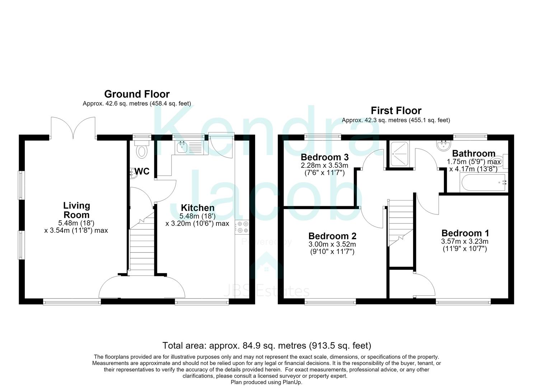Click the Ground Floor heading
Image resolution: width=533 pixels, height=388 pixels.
click(137, 94)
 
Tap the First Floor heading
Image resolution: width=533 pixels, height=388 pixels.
click(396, 111)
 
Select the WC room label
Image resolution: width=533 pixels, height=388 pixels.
click(142, 171)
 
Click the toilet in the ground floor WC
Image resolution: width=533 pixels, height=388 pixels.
click(142, 149)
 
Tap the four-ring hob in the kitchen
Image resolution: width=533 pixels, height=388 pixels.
click(242, 227)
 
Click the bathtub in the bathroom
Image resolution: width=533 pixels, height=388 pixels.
click(484, 183)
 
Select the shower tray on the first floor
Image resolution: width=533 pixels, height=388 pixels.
click(400, 154)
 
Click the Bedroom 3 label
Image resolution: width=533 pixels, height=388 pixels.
click(324, 157)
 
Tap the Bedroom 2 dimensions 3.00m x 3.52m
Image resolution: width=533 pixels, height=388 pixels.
click(332, 244)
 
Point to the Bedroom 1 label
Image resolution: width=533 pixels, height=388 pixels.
click(465, 233)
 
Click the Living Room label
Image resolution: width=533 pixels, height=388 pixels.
click(76, 210)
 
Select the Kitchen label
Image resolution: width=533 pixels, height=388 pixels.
click(197, 208)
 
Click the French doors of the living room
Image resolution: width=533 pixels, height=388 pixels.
click(73, 128)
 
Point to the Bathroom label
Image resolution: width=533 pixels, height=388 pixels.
click(473, 153)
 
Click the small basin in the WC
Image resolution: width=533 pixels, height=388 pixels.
click(134, 174)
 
